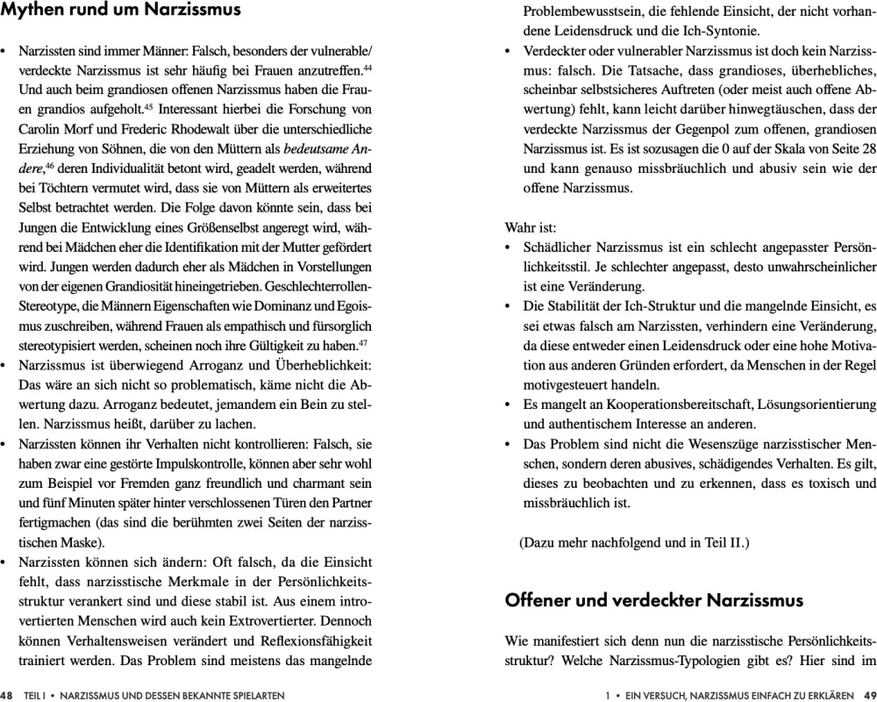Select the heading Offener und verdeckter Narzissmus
click(653, 601)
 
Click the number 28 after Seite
click(867, 148)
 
